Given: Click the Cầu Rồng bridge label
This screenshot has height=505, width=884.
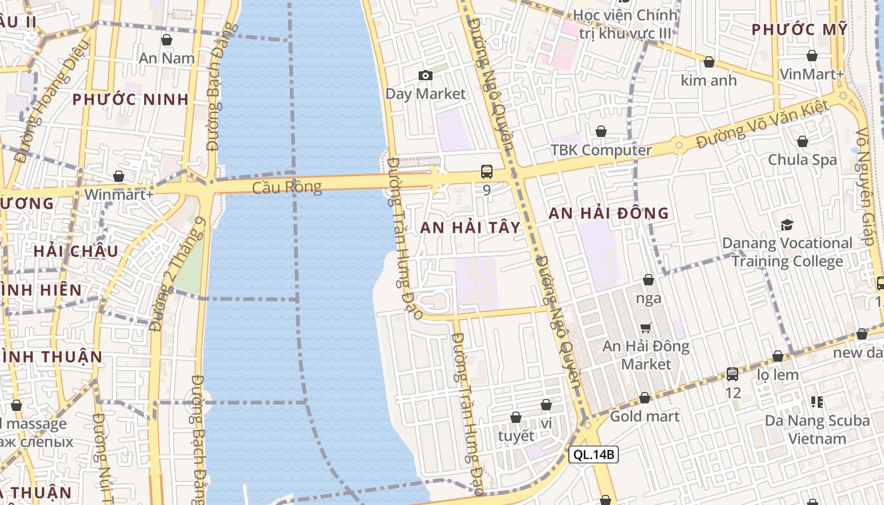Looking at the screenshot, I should click(287, 187).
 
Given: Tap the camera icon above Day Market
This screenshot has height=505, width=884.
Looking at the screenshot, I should click(426, 76).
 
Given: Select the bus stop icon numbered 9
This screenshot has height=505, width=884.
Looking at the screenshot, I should click(486, 171).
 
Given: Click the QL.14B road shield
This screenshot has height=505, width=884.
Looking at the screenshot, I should click(593, 454).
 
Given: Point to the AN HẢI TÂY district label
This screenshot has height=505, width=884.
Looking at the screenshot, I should click(470, 227).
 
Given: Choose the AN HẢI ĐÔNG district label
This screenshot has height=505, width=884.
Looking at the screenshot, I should click(608, 213).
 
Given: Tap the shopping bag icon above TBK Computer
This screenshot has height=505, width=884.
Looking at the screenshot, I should click(601, 131).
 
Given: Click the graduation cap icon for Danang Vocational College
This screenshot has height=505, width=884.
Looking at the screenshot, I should click(787, 225).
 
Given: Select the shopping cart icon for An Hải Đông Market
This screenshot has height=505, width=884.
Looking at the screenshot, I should click(645, 328).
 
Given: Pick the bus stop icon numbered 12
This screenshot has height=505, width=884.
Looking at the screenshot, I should click(732, 374).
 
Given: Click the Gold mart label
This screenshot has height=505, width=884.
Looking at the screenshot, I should click(645, 416).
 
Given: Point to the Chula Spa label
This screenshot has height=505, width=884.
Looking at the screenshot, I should click(802, 160).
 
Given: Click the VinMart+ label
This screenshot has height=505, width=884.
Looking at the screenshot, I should click(811, 74).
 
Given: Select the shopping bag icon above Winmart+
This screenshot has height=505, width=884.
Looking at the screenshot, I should click(119, 176).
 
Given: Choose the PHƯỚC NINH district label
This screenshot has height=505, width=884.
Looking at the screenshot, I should click(130, 99).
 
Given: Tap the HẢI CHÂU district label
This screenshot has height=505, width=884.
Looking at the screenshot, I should click(76, 251).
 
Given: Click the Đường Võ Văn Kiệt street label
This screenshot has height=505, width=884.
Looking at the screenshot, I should click(761, 125).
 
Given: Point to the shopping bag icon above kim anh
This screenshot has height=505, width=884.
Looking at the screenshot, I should click(708, 62).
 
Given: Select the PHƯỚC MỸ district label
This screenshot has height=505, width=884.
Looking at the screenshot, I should click(799, 29).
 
